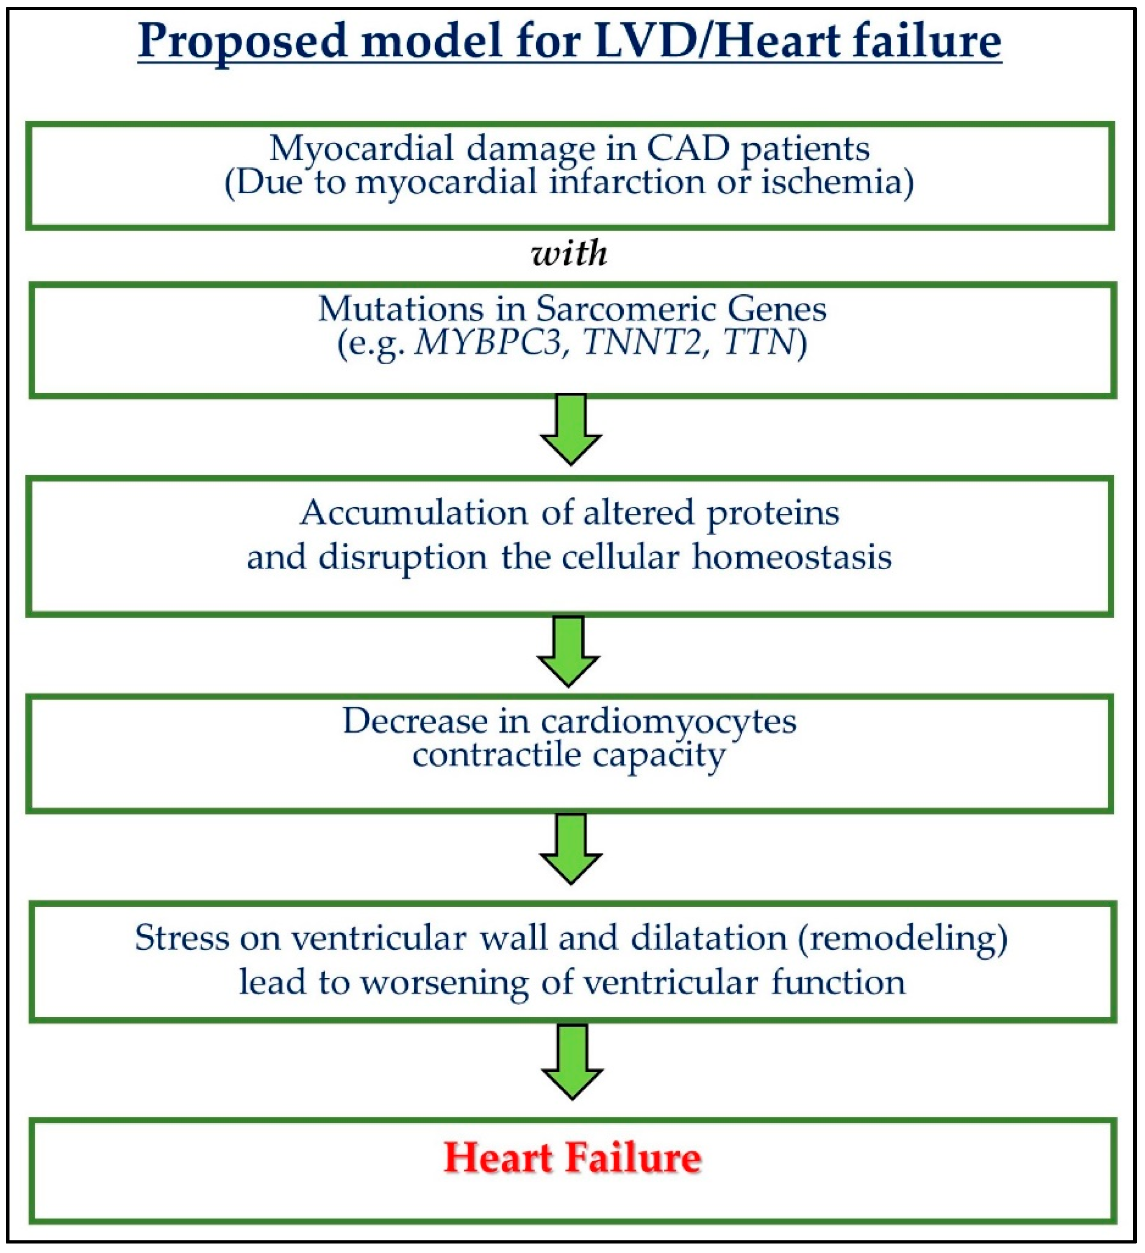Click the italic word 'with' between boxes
pyautogui.click(x=570, y=254)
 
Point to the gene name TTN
pyautogui.click(x=759, y=342)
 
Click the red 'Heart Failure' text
pyautogui.click(x=572, y=1159)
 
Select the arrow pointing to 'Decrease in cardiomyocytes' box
pyautogui.click(x=569, y=652)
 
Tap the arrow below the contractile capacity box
pyautogui.click(x=570, y=849)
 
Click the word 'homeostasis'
pyautogui.click(x=792, y=557)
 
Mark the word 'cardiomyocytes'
pyautogui.click(x=668, y=721)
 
